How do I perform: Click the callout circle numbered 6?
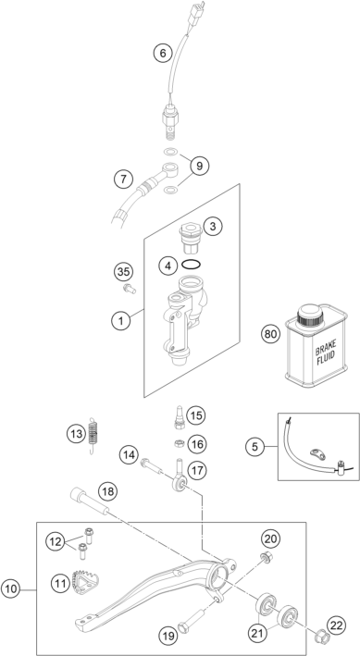tap(163, 53)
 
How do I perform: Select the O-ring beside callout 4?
tap(192, 265)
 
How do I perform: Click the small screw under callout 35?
tap(130, 289)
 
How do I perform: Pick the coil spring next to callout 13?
tap(93, 437)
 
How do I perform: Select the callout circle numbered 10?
tap(11, 589)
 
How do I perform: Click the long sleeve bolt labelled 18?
tap(90, 501)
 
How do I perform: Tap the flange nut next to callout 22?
tap(319, 637)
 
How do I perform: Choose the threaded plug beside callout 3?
tap(192, 239)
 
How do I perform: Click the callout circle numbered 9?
tap(199, 167)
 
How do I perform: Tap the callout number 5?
tap(254, 446)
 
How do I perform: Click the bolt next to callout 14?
tap(152, 466)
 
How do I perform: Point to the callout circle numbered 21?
tap(258, 633)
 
